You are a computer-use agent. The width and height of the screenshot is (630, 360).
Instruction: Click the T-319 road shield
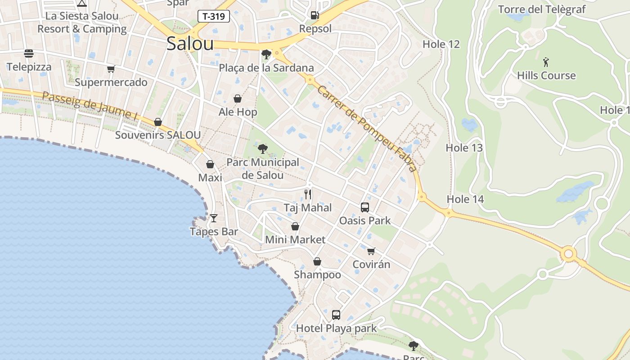214,17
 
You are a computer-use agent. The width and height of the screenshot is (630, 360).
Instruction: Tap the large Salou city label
190,44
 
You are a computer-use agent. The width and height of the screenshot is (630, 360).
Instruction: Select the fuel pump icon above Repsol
315,15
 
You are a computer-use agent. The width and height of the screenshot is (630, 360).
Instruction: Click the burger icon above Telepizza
29,54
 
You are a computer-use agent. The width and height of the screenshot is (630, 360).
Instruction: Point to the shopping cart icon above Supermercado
111,69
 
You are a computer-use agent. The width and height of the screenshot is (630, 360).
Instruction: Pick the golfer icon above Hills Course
546,62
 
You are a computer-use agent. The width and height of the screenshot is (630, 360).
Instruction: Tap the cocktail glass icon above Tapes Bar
213,218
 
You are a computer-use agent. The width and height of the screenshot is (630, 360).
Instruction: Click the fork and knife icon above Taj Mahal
308,194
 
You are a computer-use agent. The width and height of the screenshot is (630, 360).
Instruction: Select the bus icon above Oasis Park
365,207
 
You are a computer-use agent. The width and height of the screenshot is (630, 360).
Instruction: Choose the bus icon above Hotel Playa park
336,315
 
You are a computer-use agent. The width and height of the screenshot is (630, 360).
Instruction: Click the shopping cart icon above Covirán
371,251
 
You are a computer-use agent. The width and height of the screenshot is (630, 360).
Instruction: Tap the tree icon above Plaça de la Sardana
266,55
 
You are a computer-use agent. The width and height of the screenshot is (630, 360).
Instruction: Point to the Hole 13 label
464,148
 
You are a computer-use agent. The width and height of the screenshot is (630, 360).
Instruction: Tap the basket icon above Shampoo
317,261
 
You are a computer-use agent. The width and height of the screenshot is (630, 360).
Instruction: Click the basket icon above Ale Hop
238,99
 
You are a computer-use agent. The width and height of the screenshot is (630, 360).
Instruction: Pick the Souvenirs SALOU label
158,135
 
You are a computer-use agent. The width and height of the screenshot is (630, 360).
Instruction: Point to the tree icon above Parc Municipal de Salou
263,149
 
